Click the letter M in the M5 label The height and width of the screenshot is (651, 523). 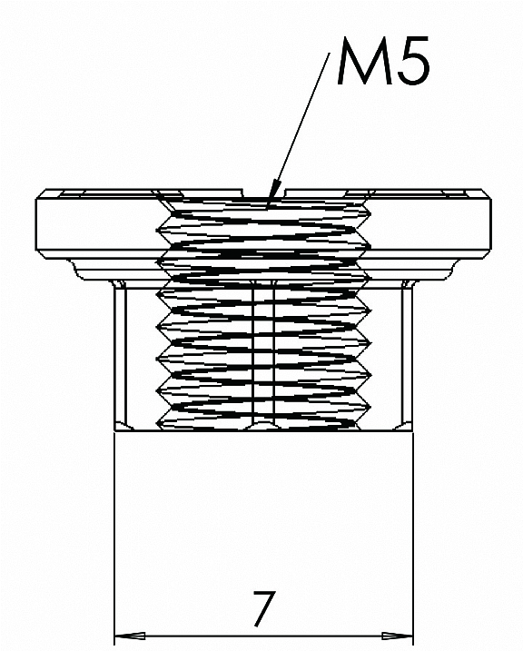pyautogui.click(x=363, y=61)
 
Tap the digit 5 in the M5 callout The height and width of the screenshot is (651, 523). pyautogui.click(x=412, y=62)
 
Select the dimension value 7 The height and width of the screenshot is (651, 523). pyautogui.click(x=264, y=608)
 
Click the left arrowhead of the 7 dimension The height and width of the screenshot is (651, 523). pyautogui.click(x=130, y=636)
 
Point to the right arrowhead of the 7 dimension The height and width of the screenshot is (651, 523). pyautogui.click(x=398, y=636)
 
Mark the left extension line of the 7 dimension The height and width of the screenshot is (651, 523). pyautogui.click(x=114, y=538)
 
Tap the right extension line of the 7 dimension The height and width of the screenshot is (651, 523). pyautogui.click(x=413, y=538)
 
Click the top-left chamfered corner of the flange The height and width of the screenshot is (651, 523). pyautogui.click(x=41, y=194)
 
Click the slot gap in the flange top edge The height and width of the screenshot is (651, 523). pyautogui.click(x=264, y=193)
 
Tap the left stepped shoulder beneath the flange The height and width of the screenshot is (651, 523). pyautogui.click(x=74, y=269)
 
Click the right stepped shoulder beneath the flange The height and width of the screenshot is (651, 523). pyautogui.click(x=453, y=269)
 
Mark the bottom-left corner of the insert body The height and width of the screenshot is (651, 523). pyautogui.click(x=115, y=431)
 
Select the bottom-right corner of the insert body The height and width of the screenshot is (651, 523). pyautogui.click(x=413, y=431)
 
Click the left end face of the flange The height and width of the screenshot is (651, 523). pyautogui.click(x=36, y=224)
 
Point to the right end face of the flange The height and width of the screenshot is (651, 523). pyautogui.click(x=490, y=224)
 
